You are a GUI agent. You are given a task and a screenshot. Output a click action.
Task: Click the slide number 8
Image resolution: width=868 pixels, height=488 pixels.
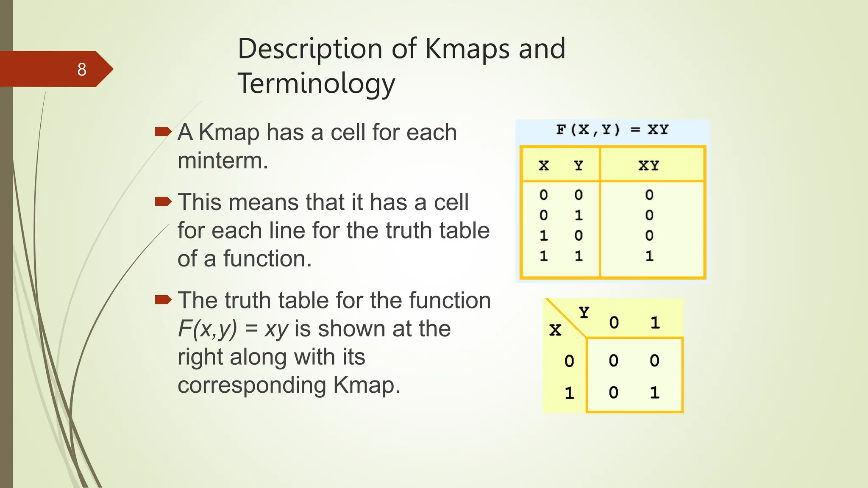click(x=82, y=69)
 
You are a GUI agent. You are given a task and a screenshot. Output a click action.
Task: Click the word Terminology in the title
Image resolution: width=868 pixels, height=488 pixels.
click(x=316, y=83)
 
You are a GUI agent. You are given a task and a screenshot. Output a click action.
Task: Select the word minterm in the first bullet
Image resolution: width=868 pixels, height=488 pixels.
click(x=223, y=161)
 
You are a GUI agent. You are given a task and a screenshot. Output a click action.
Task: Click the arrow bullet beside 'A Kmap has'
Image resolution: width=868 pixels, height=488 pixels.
click(x=163, y=132)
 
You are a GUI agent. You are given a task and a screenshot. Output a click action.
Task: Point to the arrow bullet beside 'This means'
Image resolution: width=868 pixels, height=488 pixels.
click(x=163, y=201)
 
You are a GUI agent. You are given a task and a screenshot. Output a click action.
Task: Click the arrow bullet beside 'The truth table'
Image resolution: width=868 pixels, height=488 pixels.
click(x=163, y=300)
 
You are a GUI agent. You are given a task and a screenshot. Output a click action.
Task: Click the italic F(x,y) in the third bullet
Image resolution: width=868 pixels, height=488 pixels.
click(x=207, y=329)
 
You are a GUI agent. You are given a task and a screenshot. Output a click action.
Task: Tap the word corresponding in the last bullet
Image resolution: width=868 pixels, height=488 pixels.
click(x=252, y=385)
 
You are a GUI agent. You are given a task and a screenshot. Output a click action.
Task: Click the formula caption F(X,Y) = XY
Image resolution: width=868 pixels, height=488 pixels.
click(x=612, y=130)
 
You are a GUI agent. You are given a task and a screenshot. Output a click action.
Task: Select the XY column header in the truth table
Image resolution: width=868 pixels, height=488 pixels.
click(x=648, y=166)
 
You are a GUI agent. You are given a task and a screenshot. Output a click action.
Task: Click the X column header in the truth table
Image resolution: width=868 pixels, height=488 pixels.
click(x=544, y=166)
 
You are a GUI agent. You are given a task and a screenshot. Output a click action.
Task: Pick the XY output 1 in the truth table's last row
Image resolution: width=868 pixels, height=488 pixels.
click(x=649, y=256)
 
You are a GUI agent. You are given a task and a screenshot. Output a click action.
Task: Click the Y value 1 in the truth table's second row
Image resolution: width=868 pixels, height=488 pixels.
click(x=579, y=216)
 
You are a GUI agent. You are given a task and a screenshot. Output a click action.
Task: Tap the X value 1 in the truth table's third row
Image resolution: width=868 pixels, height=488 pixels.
click(x=544, y=236)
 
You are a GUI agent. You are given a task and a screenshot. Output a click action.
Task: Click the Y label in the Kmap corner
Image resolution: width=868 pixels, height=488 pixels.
click(x=584, y=313)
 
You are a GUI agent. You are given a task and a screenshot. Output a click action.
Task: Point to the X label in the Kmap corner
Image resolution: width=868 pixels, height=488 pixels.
click(x=555, y=330)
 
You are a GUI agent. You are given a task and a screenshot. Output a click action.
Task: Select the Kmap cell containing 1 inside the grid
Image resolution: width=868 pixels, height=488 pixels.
click(x=654, y=393)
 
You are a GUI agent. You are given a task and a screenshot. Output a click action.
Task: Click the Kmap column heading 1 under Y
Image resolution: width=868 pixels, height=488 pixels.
click(x=655, y=323)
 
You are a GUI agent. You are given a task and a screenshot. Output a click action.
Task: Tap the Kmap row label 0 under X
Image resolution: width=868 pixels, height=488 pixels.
click(x=569, y=361)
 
